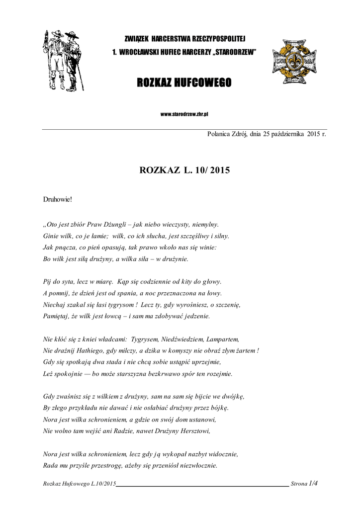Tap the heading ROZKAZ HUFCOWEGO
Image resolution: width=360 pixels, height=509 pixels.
(x=184, y=83)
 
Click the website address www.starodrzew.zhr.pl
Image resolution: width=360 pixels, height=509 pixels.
(x=184, y=114)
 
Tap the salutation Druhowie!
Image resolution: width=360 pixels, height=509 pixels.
(x=58, y=199)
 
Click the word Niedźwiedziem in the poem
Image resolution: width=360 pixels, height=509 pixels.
(x=182, y=339)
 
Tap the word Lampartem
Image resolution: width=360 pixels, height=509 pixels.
(x=223, y=339)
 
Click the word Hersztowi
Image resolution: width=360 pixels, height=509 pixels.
(x=194, y=431)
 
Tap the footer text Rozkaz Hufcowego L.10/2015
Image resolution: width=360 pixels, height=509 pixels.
(x=80, y=483)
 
